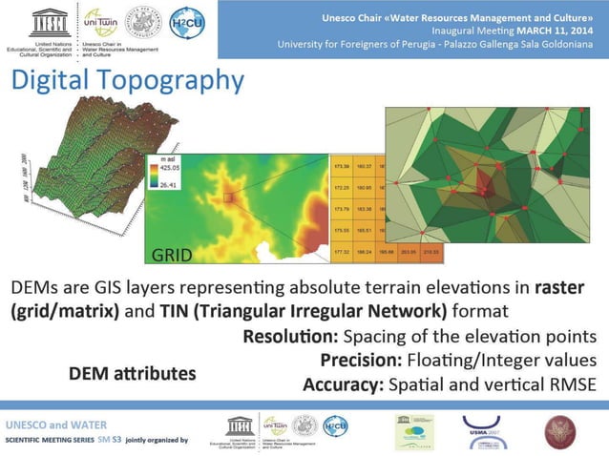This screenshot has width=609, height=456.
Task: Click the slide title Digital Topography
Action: point(127,81)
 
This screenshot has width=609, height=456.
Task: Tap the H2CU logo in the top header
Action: point(187,22)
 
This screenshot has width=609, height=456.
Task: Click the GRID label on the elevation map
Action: point(172,255)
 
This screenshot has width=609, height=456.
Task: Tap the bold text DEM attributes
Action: point(132,373)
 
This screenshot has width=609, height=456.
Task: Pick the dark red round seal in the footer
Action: point(560,431)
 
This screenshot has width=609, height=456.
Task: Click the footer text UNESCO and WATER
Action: point(56,424)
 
